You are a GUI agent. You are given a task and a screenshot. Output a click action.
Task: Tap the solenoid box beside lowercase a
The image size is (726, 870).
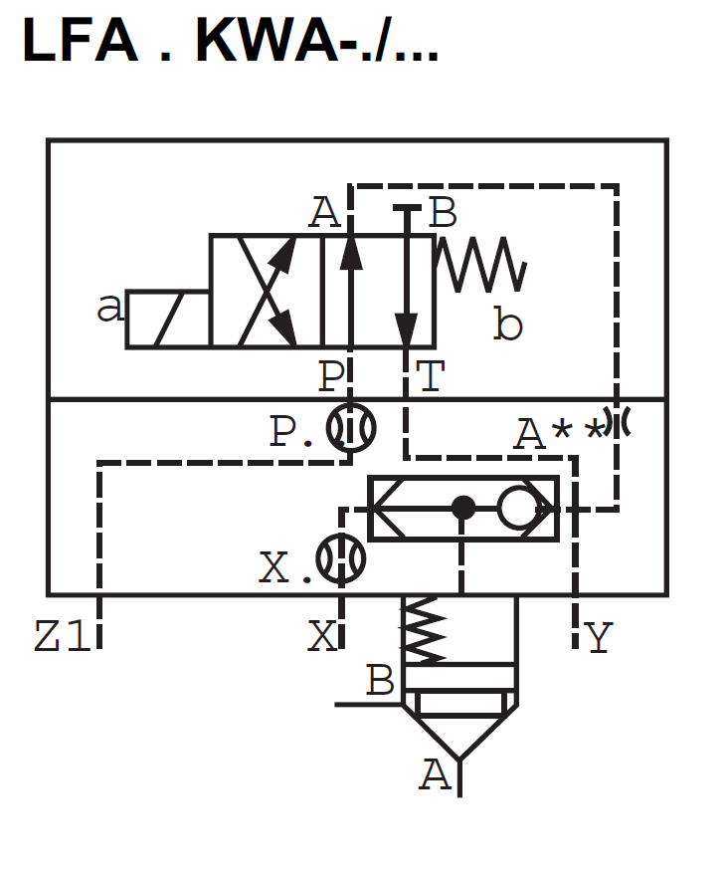coord(167,320)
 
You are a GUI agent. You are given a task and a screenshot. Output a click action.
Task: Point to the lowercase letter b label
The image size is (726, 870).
coord(507,325)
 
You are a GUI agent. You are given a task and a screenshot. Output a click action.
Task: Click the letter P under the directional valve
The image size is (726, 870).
coord(331,377)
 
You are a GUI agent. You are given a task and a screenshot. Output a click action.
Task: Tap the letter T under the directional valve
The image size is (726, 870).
coord(430,377)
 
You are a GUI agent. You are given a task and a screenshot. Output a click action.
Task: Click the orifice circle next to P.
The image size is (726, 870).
coord(352,428)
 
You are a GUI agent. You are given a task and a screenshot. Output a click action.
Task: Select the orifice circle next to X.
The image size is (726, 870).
coord(340,559)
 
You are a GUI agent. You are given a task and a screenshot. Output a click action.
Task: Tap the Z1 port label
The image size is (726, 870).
coord(62,637)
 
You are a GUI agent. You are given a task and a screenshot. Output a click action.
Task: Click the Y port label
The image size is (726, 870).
coord(598,637)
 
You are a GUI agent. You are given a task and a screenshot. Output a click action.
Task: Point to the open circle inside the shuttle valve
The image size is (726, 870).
coord(518,509)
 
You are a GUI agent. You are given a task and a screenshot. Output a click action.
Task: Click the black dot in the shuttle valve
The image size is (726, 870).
coord(462,509)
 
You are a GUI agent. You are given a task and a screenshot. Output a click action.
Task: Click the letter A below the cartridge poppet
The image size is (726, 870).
coord(435,774)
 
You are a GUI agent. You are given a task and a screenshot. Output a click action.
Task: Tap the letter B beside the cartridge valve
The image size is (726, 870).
coord(380,682)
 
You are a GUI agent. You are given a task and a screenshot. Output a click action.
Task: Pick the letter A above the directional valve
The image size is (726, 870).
coord(324,213)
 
